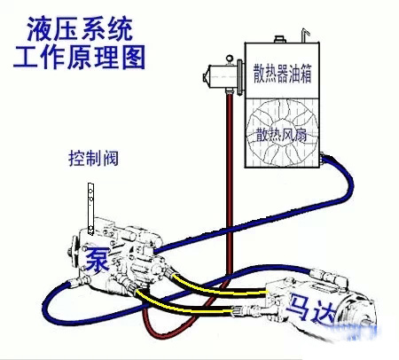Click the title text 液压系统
click(x=80, y=29)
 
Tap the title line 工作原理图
click(x=79, y=57)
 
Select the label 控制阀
click(x=93, y=159)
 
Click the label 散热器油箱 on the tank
click(x=282, y=73)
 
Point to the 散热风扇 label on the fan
click(x=281, y=135)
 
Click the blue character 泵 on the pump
click(x=97, y=259)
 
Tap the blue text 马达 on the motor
click(x=313, y=309)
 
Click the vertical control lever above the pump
click(x=90, y=208)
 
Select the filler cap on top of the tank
click(x=279, y=39)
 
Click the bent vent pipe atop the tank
click(x=305, y=35)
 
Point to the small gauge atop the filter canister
click(x=230, y=59)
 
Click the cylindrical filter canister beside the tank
click(x=223, y=77)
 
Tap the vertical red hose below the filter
click(x=230, y=184)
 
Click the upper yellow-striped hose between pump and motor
click(x=218, y=287)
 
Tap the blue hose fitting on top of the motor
click(x=331, y=276)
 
